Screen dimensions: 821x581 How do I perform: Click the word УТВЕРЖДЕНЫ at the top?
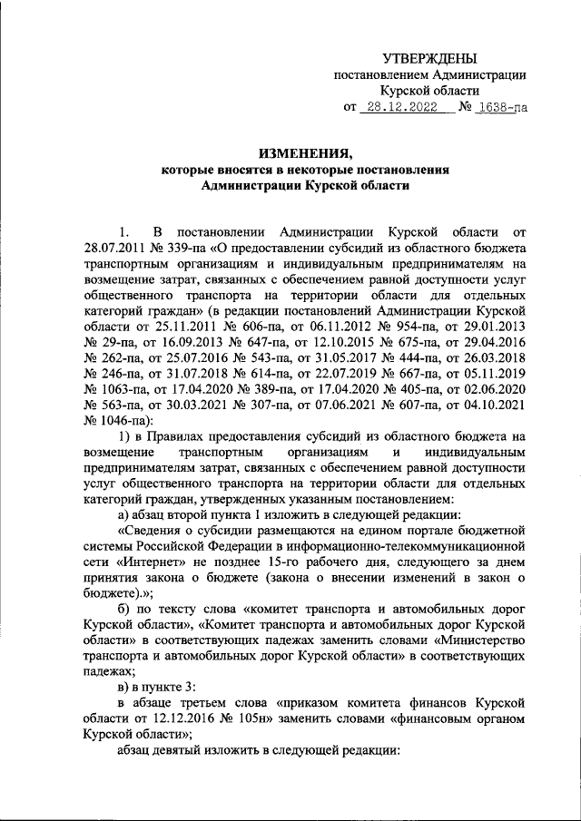click(x=428, y=58)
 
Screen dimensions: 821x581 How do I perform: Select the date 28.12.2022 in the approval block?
click(x=399, y=107)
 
